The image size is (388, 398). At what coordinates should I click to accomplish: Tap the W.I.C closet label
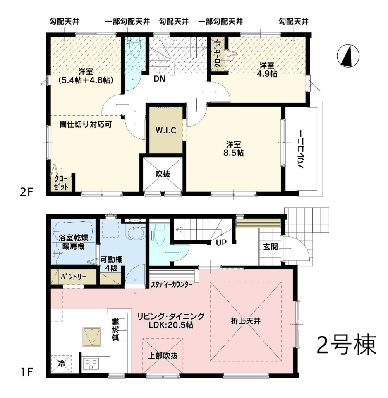click(x=166, y=131)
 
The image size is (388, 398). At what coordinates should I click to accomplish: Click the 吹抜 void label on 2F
click(x=163, y=175)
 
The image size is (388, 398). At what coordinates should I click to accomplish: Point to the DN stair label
click(x=159, y=79)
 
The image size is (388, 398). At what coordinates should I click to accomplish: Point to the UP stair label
click(x=221, y=243)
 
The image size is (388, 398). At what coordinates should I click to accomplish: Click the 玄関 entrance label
click(x=271, y=247)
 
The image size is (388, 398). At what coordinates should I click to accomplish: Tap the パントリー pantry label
click(x=73, y=277)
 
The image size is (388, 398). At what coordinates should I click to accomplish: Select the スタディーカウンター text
click(x=172, y=284)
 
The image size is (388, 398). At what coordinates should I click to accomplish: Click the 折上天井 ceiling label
click(x=246, y=321)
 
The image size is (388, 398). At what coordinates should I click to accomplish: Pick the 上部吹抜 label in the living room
click(x=163, y=356)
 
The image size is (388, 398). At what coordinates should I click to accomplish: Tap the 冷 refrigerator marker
click(x=61, y=364)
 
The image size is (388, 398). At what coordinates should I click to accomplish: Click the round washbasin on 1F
click(x=135, y=233)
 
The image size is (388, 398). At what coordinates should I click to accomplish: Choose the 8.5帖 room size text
click(x=233, y=153)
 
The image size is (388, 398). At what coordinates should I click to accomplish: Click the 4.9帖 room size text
click(x=267, y=74)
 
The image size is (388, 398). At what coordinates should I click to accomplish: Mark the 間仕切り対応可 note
click(x=86, y=124)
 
